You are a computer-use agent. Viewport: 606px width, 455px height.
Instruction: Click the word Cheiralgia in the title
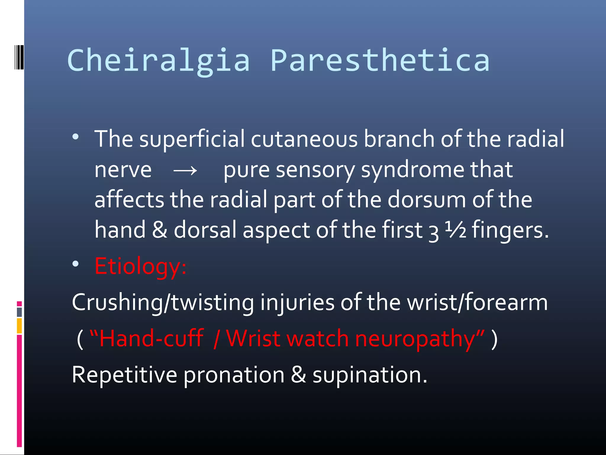click(x=159, y=61)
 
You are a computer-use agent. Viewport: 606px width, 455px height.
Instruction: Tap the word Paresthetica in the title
click(x=380, y=61)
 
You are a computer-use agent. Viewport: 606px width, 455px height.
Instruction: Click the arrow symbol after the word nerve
click(x=185, y=171)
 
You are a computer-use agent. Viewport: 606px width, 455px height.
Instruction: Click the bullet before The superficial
click(x=76, y=137)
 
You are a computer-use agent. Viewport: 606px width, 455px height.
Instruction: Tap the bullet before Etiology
click(x=76, y=264)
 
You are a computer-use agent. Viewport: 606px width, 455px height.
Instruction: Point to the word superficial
click(x=192, y=139)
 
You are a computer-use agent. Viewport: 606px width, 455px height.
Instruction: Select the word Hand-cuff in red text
click(x=151, y=339)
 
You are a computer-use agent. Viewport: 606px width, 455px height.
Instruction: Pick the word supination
click(x=370, y=375)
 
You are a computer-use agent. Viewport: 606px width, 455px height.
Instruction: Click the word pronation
click(x=234, y=375)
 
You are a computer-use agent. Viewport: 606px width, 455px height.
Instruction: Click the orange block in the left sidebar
click(x=19, y=326)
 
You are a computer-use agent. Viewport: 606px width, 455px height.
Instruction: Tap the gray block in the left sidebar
click(x=19, y=312)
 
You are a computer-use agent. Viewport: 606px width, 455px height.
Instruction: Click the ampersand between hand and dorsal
click(x=159, y=230)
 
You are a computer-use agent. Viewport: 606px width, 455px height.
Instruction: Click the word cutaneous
click(x=304, y=139)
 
